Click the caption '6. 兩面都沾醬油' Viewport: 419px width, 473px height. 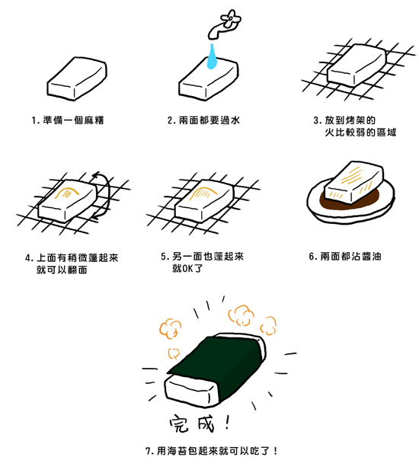(345, 257)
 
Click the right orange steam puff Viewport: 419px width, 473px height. (242, 314)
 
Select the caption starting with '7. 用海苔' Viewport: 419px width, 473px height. (211, 451)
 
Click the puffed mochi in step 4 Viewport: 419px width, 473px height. (66, 200)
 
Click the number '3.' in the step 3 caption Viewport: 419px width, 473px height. (317, 120)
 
